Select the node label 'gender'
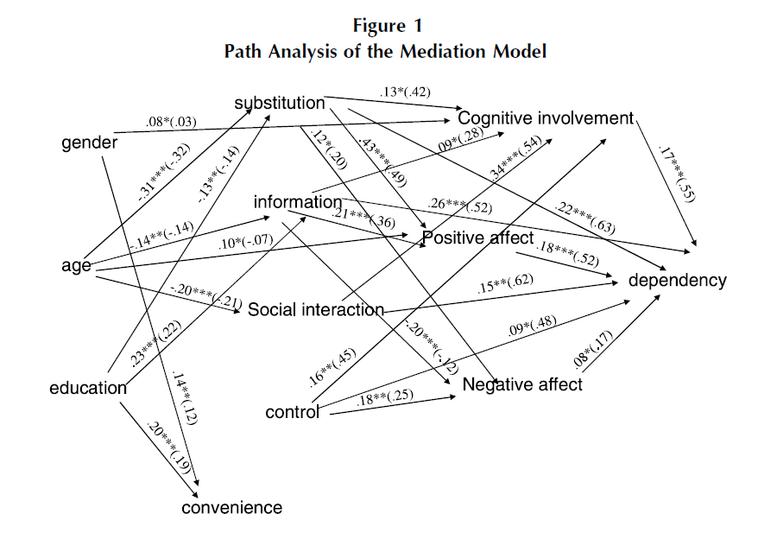coord(89,143)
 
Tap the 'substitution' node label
coord(279,104)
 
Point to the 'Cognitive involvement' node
coord(546,117)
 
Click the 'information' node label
coord(298,202)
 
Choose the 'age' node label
coord(76,266)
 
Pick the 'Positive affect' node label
coord(478,237)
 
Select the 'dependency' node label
coord(678,281)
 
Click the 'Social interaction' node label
coord(316,309)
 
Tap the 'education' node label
coord(88,388)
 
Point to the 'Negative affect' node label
coord(522,384)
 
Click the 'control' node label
coord(294,412)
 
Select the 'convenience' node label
coord(231,508)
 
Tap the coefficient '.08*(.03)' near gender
coord(171,122)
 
